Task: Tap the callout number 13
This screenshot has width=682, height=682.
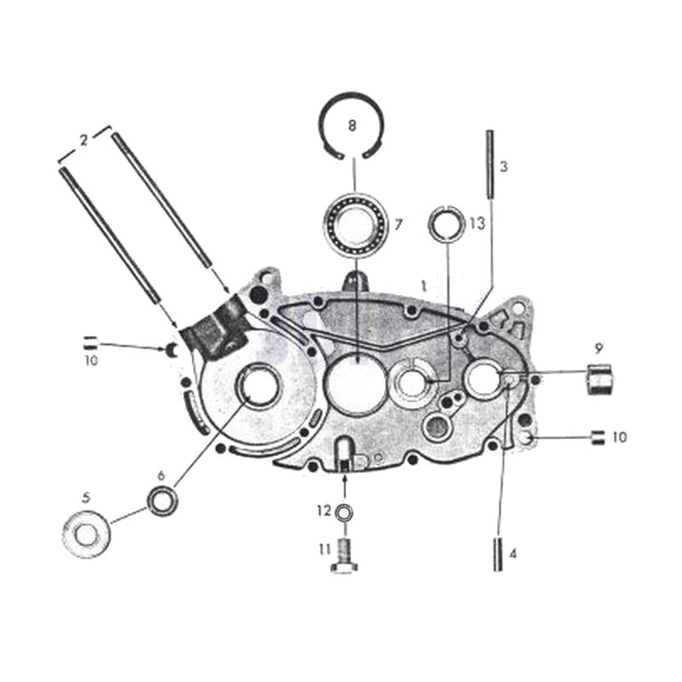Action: tap(477, 223)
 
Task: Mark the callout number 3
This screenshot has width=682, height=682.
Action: tap(504, 167)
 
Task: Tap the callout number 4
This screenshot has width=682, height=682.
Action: tap(512, 553)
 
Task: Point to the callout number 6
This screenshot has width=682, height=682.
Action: tap(161, 475)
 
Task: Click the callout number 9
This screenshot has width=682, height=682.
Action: tap(599, 348)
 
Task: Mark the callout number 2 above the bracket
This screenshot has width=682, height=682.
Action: tap(84, 141)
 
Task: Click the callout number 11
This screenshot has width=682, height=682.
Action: tap(324, 550)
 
